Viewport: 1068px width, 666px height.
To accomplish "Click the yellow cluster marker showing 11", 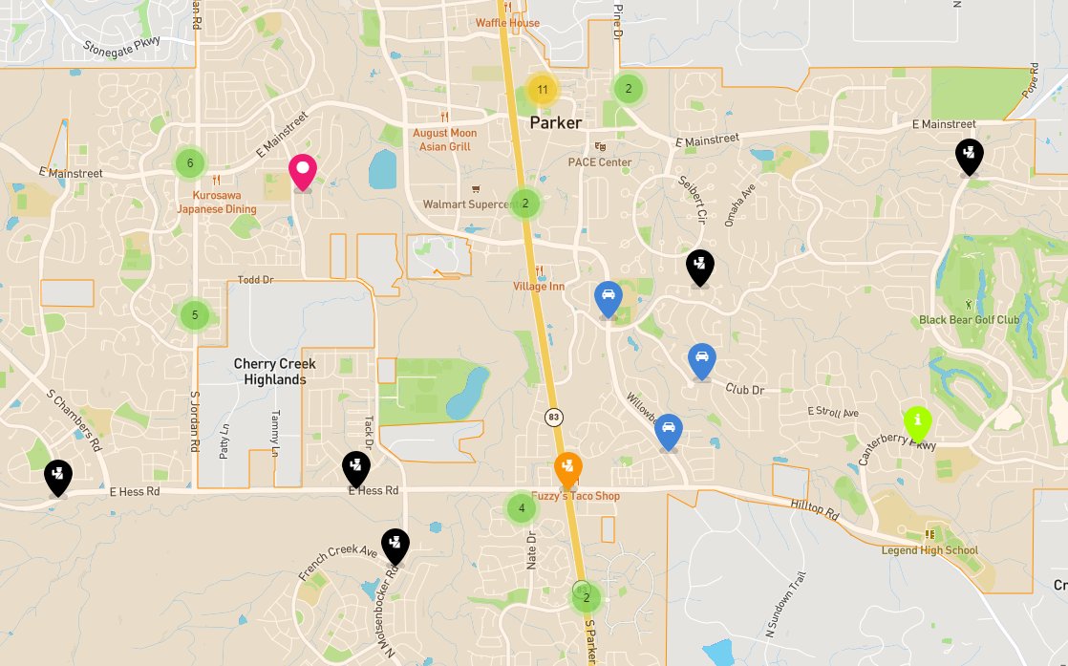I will (542, 91).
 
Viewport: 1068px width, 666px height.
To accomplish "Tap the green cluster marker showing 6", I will (190, 162).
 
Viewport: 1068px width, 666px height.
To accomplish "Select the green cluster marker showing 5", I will (195, 313).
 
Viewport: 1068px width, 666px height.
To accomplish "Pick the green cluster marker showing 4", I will (522, 507).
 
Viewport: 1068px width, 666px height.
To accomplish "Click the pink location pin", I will (303, 172).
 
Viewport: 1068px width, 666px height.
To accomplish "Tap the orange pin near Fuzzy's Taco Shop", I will (568, 469).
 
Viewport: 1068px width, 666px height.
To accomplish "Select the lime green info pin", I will (918, 421).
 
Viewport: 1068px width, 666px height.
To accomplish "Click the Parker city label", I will (555, 123).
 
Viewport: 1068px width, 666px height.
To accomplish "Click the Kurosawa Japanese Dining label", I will (217, 203).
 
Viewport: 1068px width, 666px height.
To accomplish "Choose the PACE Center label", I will (600, 161).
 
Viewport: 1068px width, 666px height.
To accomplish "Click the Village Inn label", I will (539, 286).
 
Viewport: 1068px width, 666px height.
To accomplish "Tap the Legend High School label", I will (929, 549).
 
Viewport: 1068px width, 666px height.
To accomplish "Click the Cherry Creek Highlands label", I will (275, 372).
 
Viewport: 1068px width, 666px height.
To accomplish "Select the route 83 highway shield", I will (553, 417).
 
